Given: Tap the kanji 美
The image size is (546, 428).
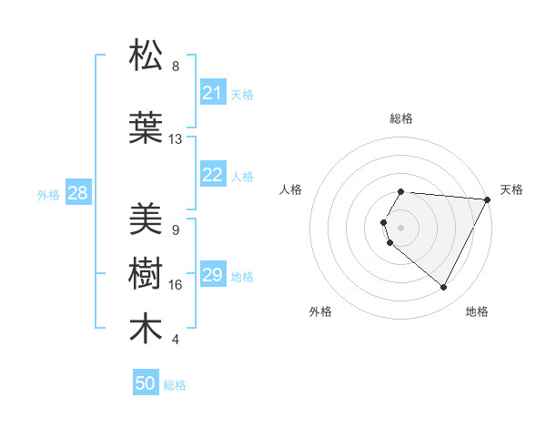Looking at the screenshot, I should (x=147, y=219).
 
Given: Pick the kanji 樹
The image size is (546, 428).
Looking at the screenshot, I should (x=147, y=274).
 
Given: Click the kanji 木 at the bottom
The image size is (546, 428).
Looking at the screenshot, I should (x=147, y=329).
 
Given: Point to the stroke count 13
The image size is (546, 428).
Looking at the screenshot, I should (x=176, y=139).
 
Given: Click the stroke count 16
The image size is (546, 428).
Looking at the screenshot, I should (x=176, y=285).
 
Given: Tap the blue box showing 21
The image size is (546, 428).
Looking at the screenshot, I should (x=213, y=93).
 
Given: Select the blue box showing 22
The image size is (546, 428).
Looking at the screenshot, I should (x=213, y=176).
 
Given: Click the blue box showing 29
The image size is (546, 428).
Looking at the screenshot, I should (x=213, y=276).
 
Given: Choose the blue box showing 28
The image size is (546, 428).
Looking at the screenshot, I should (x=77, y=193).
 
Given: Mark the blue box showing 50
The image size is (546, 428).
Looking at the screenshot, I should (x=146, y=383).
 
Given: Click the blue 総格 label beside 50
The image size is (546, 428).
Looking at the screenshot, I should (x=175, y=385).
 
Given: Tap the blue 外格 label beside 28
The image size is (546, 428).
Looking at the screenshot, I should (x=48, y=195).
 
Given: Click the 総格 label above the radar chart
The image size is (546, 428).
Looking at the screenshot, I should (x=401, y=118).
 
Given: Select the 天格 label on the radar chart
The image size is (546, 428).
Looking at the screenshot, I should (x=512, y=189).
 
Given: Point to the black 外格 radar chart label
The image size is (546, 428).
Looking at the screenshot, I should (x=320, y=311).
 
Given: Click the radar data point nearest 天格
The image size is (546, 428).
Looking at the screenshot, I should (x=488, y=199).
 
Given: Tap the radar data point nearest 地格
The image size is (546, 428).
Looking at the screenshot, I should (x=444, y=288).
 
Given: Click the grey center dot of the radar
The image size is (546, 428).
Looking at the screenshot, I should (x=401, y=227).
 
